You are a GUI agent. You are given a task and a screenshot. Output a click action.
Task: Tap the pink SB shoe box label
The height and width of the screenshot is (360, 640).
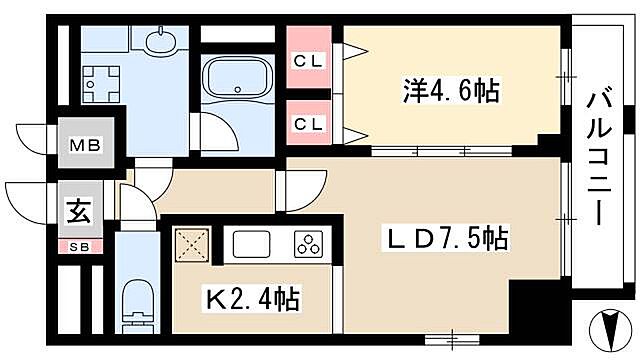coord(78,247)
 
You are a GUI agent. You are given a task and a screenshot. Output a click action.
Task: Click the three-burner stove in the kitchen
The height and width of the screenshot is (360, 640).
coord(308,244)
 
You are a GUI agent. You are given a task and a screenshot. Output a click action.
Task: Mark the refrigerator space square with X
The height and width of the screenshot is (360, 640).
coord(192,243)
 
